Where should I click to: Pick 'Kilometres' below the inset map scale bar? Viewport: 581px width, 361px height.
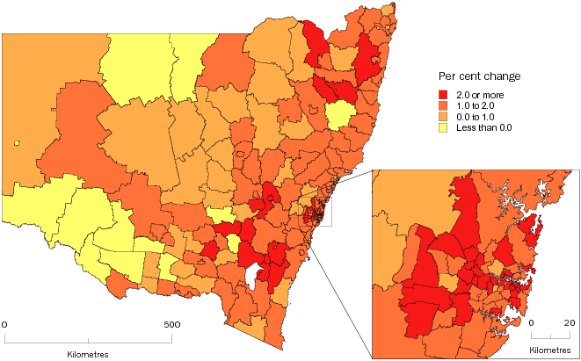(x=551, y=350)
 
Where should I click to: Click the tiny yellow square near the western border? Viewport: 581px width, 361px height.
(x=16, y=142)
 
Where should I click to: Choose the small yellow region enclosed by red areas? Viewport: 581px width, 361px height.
(x=231, y=243)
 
